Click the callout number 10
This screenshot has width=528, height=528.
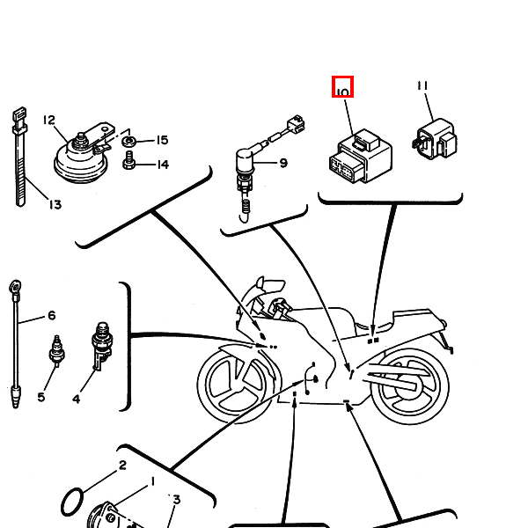click(x=342, y=89)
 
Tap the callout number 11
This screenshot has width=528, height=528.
click(x=422, y=85)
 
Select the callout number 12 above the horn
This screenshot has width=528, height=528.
click(x=48, y=121)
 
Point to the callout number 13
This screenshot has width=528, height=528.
click(x=55, y=205)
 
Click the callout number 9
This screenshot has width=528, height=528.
click(x=283, y=163)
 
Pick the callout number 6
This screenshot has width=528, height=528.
click(x=51, y=316)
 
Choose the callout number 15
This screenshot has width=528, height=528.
click(x=162, y=141)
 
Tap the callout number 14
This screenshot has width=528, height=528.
click(x=162, y=164)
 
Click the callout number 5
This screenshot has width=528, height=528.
click(x=40, y=397)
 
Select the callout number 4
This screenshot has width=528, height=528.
click(x=76, y=399)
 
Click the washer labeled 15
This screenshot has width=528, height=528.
click(x=129, y=141)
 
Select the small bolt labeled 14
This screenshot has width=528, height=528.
click(x=129, y=162)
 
